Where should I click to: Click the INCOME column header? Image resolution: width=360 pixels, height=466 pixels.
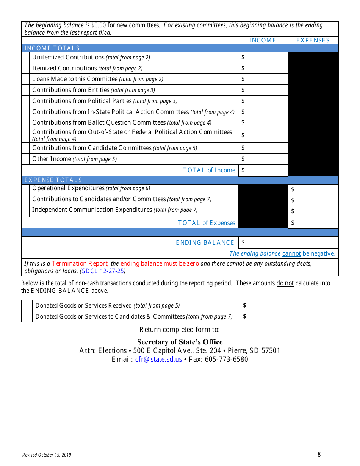pos(263,40)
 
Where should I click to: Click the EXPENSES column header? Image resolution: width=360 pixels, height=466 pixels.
pos(313,40)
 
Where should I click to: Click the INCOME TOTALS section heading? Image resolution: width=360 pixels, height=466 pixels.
pos(52,48)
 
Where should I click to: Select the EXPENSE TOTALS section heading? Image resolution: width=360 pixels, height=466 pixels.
pos(53,180)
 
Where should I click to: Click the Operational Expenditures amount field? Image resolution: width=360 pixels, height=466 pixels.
pos(313,189)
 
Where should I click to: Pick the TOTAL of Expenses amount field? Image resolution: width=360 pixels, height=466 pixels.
pos(313,223)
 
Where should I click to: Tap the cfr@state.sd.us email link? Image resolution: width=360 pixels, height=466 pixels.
pos(158,359)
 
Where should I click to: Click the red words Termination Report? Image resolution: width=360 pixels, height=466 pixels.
pos(80,263)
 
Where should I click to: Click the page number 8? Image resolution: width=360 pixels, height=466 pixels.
pos(319,454)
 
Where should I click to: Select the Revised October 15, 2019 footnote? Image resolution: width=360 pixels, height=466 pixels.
pos(47,455)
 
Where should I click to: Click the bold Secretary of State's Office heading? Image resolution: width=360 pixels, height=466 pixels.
pos(180,342)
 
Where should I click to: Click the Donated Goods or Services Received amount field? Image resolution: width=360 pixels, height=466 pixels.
pos(289,305)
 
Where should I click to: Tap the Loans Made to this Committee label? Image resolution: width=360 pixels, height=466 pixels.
pos(75,79)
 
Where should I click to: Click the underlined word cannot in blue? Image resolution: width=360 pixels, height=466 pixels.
pos(291,253)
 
